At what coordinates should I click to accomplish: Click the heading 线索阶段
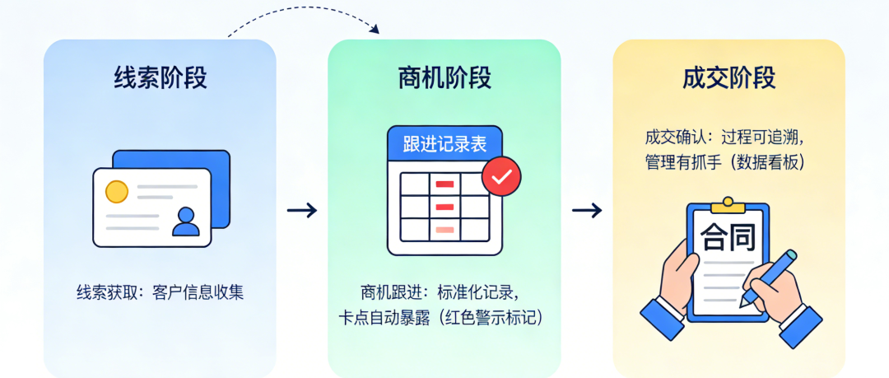pyautogui.click(x=161, y=78)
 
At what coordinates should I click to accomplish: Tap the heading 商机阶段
pyautogui.click(x=444, y=78)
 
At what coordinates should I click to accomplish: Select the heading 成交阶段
pyautogui.click(x=729, y=78)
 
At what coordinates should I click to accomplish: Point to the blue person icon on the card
pyautogui.click(x=186, y=221)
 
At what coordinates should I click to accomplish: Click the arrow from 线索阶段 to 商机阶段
pyautogui.click(x=302, y=210)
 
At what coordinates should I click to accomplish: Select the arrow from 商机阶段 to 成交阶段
pyautogui.click(x=587, y=210)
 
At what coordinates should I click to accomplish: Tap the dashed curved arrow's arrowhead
pyautogui.click(x=375, y=30)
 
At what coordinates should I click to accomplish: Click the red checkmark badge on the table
pyautogui.click(x=501, y=175)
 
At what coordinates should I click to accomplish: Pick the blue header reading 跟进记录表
pyautogui.click(x=444, y=144)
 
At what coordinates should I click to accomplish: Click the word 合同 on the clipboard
pyautogui.click(x=728, y=239)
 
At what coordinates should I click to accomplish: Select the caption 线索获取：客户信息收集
pyautogui.click(x=161, y=292)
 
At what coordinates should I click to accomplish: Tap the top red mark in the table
pyautogui.click(x=445, y=183)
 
